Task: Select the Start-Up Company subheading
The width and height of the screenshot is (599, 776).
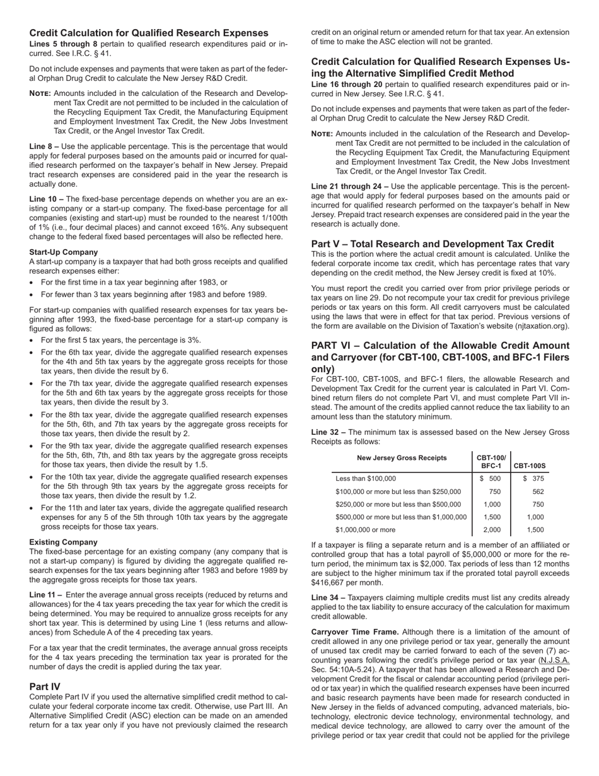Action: pos(63,252)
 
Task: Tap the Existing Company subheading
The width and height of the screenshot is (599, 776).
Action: pos(63,542)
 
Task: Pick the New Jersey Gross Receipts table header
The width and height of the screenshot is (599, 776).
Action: pos(402,458)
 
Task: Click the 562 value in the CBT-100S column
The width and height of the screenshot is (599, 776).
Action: pos(538,491)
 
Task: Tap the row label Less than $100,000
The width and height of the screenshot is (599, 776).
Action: pos(366,479)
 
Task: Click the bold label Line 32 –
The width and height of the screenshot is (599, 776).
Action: pos(329,432)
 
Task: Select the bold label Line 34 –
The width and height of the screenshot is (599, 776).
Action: pos(329,597)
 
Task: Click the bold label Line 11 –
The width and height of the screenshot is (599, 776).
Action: pos(45,595)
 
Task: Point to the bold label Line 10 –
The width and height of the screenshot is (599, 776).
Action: pos(46,199)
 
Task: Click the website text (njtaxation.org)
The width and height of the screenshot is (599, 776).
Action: pos(539,326)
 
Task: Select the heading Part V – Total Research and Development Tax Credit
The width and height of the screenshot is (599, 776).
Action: pos(433,244)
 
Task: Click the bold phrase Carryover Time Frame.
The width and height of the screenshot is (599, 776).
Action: pos(355,632)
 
